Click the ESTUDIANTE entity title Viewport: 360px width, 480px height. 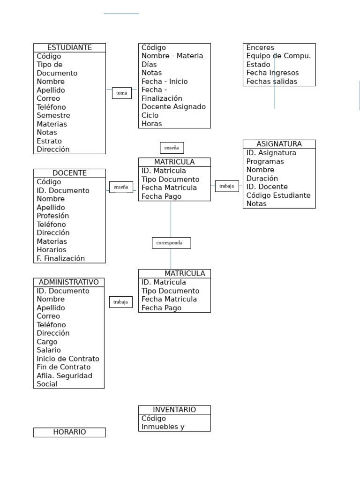click(x=69, y=47)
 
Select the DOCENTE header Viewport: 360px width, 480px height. click(x=69, y=173)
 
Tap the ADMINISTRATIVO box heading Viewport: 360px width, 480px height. click(x=69, y=282)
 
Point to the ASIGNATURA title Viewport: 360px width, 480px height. click(x=279, y=144)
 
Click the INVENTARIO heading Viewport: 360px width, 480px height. click(x=174, y=410)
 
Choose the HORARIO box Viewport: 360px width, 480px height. click(x=69, y=432)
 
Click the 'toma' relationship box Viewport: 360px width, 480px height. click(x=122, y=93)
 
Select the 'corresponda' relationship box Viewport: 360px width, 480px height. click(x=172, y=243)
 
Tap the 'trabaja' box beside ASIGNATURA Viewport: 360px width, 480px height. click(x=227, y=186)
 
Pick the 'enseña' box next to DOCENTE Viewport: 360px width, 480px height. click(x=121, y=187)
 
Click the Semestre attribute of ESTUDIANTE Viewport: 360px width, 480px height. click(x=53, y=115)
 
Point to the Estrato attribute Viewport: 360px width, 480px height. click(x=49, y=141)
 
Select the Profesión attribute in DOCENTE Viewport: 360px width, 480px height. click(x=52, y=216)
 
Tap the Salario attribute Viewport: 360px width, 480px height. click(x=49, y=350)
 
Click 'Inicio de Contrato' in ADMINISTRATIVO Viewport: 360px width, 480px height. click(x=68, y=359)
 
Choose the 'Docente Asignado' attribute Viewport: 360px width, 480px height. click(x=173, y=106)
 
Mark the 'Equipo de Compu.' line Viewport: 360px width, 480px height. click(x=278, y=56)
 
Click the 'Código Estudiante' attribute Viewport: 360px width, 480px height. click(x=278, y=195)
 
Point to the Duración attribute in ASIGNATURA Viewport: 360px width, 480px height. click(x=262, y=178)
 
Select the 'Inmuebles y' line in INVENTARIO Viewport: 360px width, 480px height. click(x=163, y=427)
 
